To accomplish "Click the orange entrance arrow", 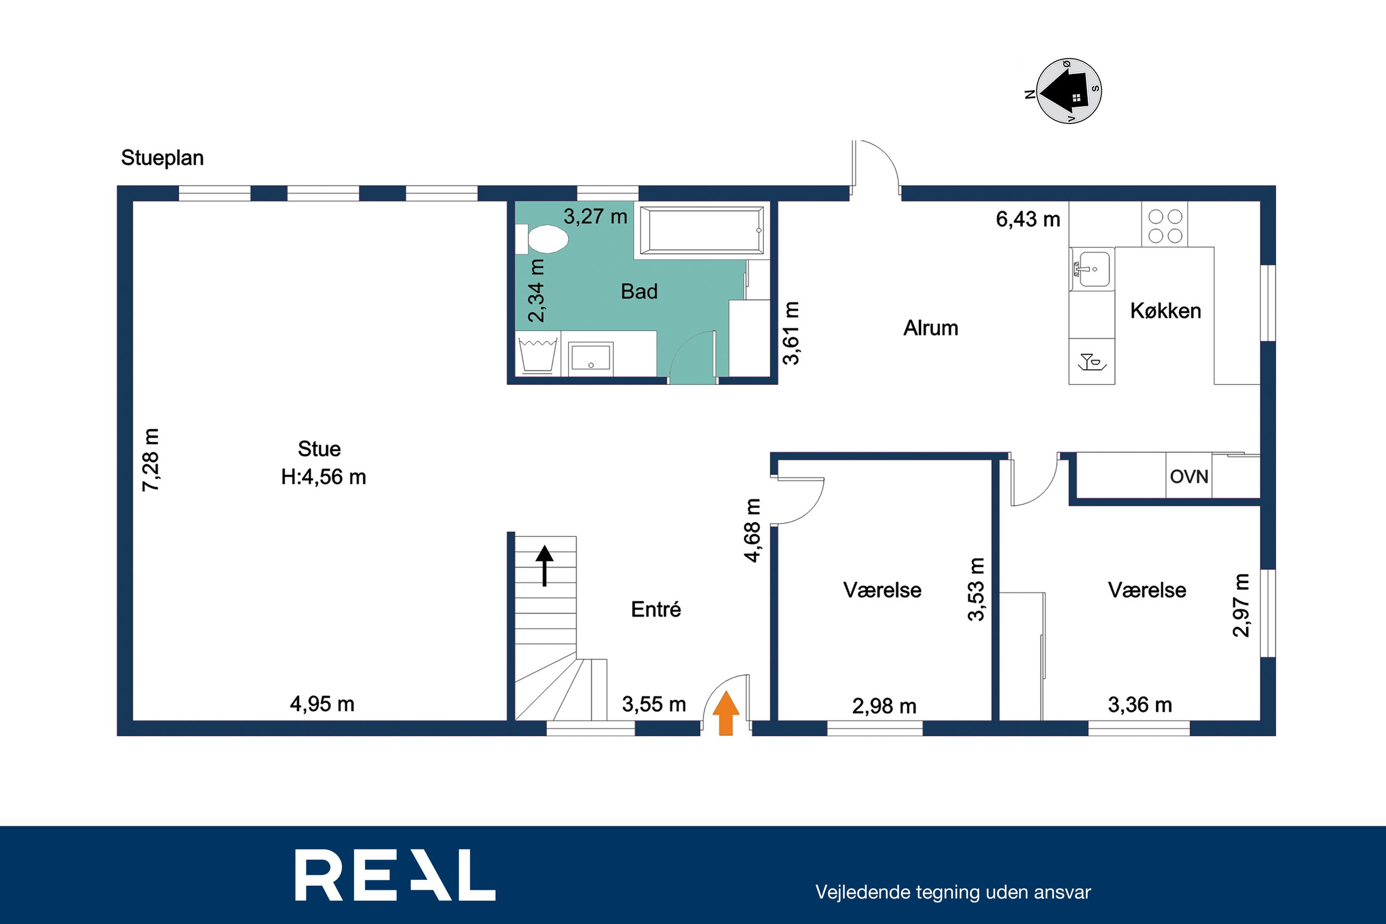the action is coord(726,713).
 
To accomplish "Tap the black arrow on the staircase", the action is coord(544,566).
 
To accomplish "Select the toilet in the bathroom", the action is coord(542,239).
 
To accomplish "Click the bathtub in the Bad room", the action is coord(702,229).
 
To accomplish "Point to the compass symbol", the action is coord(1068,92).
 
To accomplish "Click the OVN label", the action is coord(1189,476).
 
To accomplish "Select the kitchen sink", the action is coord(1092,269).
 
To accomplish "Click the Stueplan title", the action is coord(162,158).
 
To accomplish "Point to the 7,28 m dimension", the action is coord(151,460).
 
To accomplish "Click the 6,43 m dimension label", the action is coord(1028,219).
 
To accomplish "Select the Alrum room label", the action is coord(931,328).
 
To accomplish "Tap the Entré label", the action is coord(656,609).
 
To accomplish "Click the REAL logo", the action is coord(395,874).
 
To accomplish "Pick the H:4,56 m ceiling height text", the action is coord(324,477).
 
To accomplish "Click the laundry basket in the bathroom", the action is coord(537,355).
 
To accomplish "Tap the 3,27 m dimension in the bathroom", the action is coord(595,216).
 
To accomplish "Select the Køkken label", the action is coord(1165,310).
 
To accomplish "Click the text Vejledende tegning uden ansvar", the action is coord(953,892).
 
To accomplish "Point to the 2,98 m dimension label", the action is coord(884,706).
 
